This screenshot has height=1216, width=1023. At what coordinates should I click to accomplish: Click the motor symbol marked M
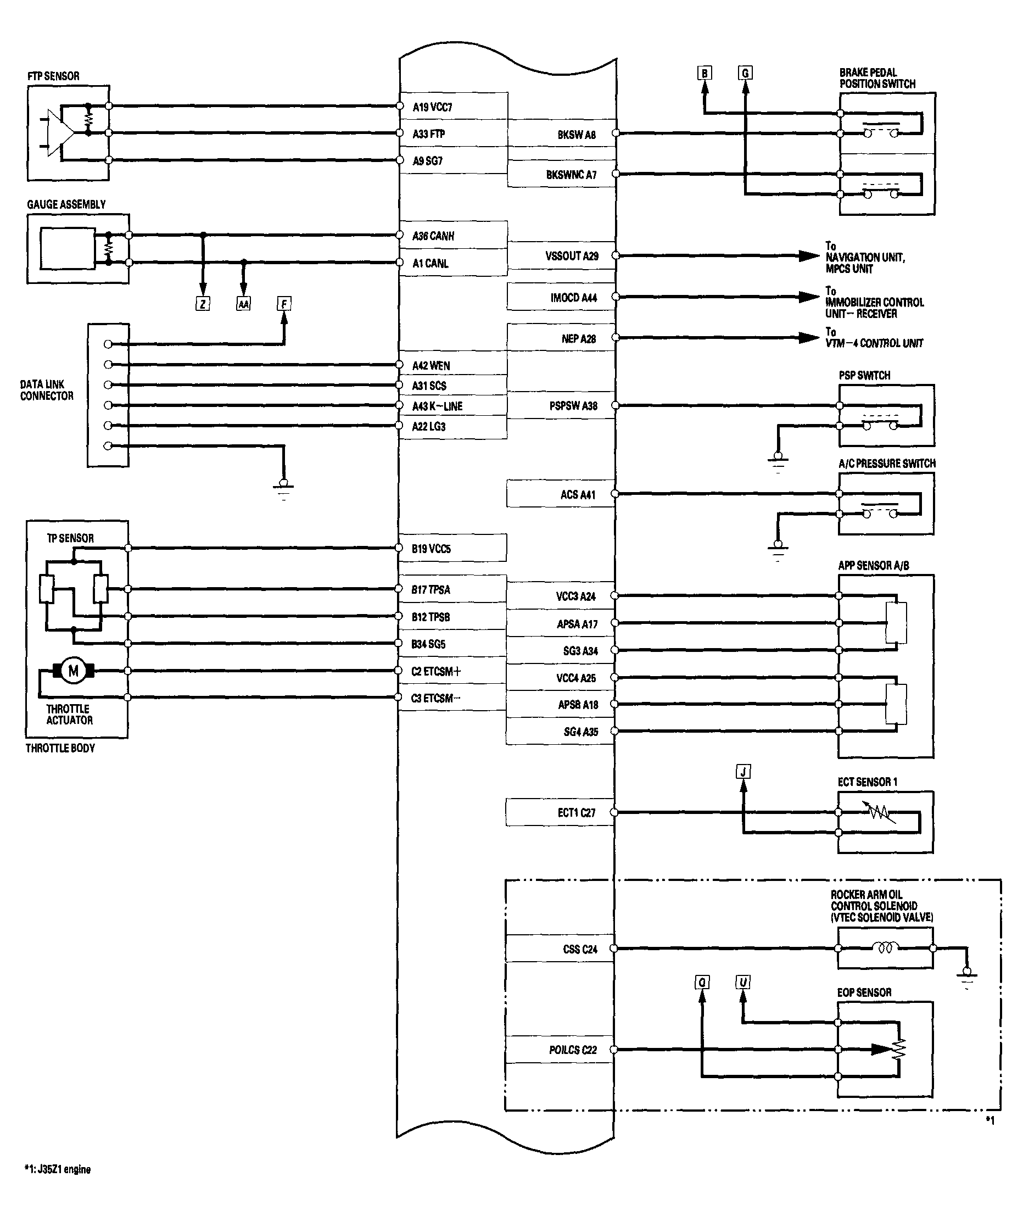coord(74,671)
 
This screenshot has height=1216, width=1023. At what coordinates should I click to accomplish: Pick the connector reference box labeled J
coord(743,772)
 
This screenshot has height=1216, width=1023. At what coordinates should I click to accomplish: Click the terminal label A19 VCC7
coord(433,107)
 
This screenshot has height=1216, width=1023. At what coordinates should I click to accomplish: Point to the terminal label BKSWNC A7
coord(571,175)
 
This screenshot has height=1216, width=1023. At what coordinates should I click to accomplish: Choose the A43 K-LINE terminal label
coord(437,406)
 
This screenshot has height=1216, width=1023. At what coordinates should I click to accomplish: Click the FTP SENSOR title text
coord(53,76)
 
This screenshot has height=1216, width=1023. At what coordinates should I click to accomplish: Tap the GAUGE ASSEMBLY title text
coord(66,204)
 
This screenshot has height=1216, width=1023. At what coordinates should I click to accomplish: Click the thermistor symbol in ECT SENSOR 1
coord(881,812)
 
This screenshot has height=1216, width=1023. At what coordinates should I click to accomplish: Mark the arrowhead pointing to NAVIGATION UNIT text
coord(808,255)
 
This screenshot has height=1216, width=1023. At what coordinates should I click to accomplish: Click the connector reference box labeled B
coord(705,73)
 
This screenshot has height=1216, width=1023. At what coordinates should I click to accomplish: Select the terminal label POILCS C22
coord(573,1050)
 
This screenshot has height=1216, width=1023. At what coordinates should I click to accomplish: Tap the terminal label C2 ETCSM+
coord(436,671)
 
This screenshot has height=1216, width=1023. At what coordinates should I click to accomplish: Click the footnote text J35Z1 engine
coord(58,1169)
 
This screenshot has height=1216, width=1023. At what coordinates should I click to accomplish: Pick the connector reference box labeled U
coord(743,981)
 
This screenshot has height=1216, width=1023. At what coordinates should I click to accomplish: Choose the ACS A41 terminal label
coord(578,495)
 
